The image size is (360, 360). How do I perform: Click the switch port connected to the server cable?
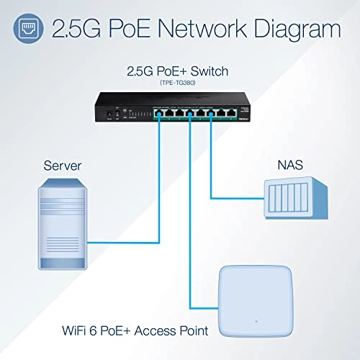(156, 112)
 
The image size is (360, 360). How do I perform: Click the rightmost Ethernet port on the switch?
(248, 112)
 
